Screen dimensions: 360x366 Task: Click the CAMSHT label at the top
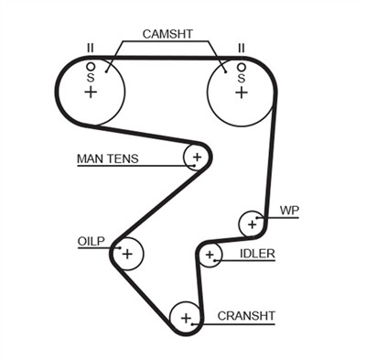click(x=167, y=34)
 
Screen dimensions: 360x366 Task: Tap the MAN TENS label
click(x=108, y=158)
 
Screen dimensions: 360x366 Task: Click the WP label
click(x=290, y=210)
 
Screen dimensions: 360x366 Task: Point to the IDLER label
click(x=256, y=254)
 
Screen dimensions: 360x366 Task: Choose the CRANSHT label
click(x=245, y=316)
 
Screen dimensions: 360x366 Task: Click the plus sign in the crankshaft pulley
click(x=186, y=318)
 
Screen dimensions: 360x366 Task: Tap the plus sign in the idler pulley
click(x=210, y=255)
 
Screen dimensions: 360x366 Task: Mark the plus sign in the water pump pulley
click(x=251, y=223)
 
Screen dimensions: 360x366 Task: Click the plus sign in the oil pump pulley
click(x=127, y=253)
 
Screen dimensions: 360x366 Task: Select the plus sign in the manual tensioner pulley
click(x=196, y=158)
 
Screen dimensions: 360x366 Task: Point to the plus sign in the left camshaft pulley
click(x=90, y=93)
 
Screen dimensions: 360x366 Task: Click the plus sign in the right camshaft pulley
click(x=241, y=93)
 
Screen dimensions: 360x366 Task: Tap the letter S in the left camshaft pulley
click(x=90, y=79)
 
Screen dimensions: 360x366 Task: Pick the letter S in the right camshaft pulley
click(x=241, y=79)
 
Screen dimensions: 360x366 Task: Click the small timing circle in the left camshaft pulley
click(x=90, y=67)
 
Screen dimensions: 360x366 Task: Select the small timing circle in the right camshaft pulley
click(x=241, y=67)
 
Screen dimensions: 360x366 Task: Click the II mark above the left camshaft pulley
click(x=90, y=48)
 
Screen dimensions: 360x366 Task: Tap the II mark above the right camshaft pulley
click(x=241, y=48)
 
